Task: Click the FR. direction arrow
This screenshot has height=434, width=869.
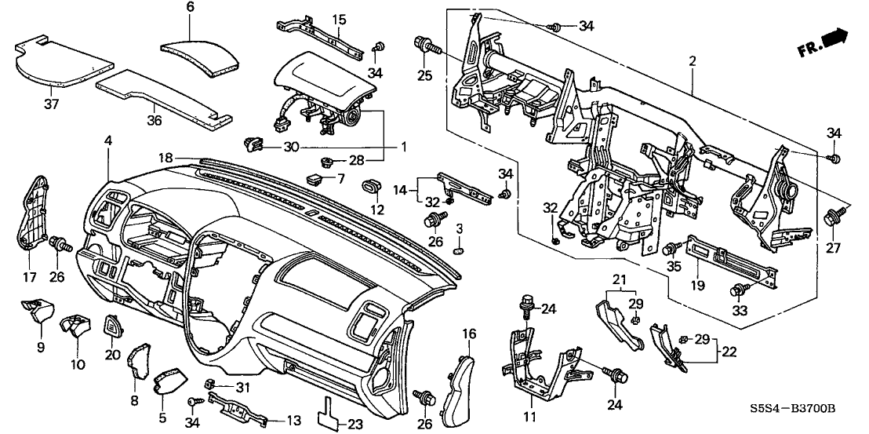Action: [825, 42]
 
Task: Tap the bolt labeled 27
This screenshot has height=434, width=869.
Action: [831, 218]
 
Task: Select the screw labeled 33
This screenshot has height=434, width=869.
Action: [739, 292]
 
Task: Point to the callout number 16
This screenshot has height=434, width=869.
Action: [468, 335]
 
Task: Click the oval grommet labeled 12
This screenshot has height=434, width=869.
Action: [370, 188]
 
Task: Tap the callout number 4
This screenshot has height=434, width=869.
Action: [107, 140]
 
